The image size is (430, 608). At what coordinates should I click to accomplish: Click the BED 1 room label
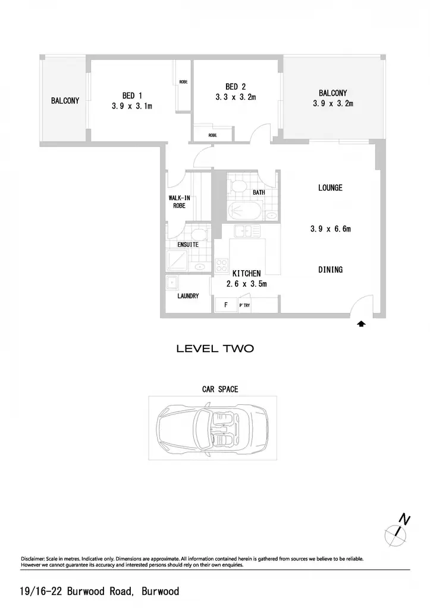pos(132,96)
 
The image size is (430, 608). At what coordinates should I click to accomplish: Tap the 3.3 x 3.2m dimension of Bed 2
pos(236,97)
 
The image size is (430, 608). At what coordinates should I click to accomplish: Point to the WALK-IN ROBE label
pos(179,202)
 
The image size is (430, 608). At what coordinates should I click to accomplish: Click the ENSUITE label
pos(188,245)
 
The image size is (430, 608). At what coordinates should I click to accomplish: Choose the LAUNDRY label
pos(188,296)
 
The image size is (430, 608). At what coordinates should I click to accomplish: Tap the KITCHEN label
pos(246,273)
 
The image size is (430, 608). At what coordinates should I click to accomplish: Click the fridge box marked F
pos(226,305)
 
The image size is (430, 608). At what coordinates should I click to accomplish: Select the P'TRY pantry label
pos(244,306)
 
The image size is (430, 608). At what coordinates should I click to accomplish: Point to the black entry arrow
pos(361,324)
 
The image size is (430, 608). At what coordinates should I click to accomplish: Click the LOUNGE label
pos(330,188)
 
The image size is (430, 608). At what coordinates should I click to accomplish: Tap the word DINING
pos(330,270)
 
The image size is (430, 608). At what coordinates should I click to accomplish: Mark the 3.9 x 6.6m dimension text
pos(331,229)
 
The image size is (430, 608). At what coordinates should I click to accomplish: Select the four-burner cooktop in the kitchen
pos(221,265)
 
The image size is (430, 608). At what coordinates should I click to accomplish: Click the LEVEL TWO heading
pos(215,348)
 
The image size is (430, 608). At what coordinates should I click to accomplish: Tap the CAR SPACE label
pos(220,389)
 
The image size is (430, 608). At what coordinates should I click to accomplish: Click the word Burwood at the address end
pos(161,591)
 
